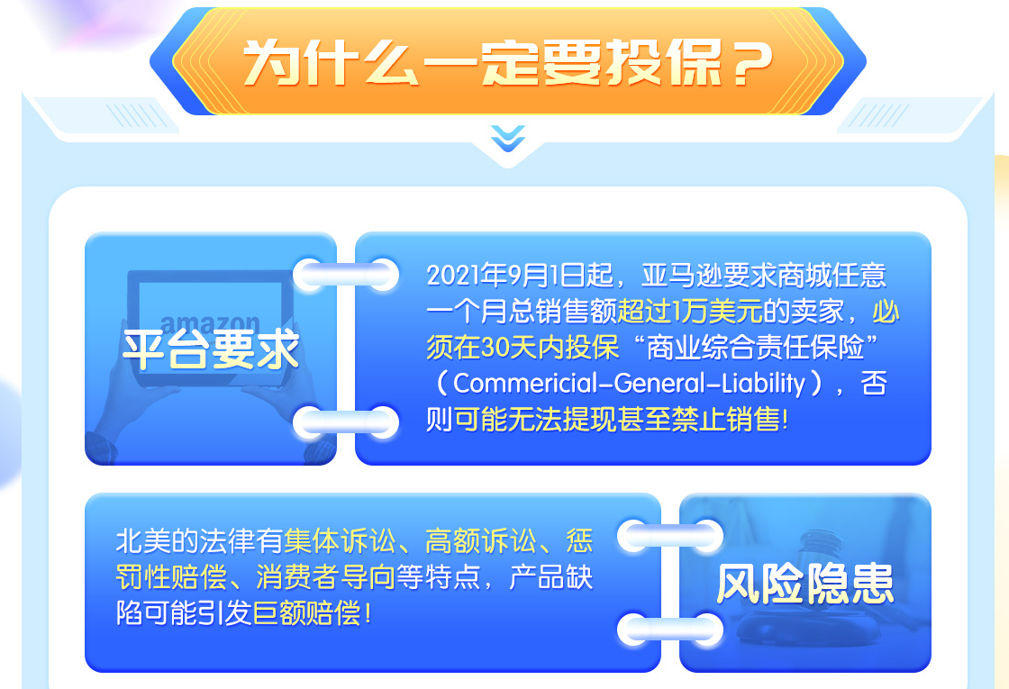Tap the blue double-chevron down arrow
(508, 139)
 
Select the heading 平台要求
(211, 350)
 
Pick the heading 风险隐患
(805, 584)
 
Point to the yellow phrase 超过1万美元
(690, 312)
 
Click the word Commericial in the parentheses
(526, 384)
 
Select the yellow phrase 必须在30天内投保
(663, 330)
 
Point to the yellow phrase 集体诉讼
(340, 541)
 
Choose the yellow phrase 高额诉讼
(481, 541)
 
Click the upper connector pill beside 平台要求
(346, 276)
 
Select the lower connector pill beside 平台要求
(346, 422)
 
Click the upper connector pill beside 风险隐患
(670, 537)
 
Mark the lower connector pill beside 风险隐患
(670, 630)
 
